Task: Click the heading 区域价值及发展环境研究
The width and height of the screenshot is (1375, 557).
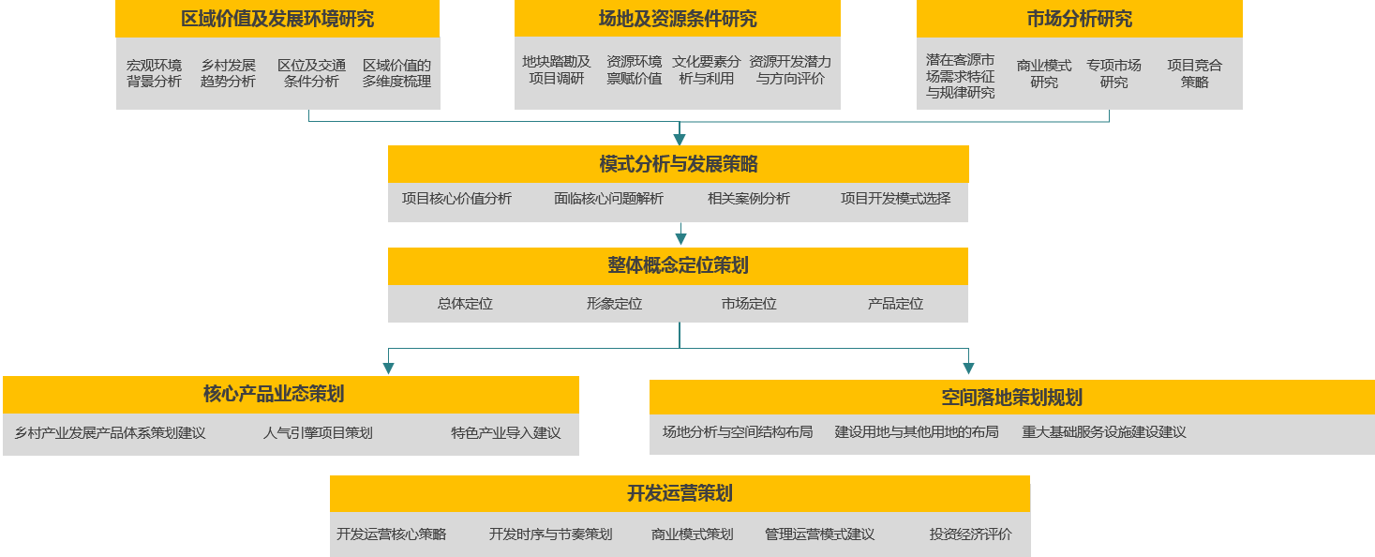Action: pos(277,19)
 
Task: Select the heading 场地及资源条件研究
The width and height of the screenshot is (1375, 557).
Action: pos(678,19)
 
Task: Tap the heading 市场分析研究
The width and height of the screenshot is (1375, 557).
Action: pos(1079,19)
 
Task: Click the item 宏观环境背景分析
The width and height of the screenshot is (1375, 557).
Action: pos(155,73)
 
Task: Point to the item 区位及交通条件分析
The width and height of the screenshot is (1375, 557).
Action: pos(311,73)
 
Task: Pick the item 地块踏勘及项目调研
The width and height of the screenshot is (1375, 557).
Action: pos(557,70)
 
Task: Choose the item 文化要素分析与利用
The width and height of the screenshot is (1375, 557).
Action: pos(706,70)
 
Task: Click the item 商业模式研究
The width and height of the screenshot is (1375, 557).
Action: pos(1044,73)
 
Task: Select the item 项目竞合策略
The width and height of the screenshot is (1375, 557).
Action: pos(1194,73)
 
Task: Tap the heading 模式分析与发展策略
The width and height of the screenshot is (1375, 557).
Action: pos(679,164)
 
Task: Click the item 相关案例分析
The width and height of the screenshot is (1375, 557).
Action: pos(749,198)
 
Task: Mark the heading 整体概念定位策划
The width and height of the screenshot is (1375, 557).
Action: pos(678,265)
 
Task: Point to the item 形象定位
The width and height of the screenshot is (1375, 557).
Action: pos(615,303)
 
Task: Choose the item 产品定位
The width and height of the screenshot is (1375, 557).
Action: pos(896,303)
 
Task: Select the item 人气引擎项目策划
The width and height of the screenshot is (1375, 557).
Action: pos(318,432)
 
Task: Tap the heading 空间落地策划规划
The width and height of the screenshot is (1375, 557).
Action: pos(1011,398)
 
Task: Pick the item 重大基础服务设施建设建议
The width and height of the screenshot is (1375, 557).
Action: pos(1104,431)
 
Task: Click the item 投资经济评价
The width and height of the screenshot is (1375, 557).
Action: pos(970,534)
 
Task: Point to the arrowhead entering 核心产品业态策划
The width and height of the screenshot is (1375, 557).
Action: pos(388,369)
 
